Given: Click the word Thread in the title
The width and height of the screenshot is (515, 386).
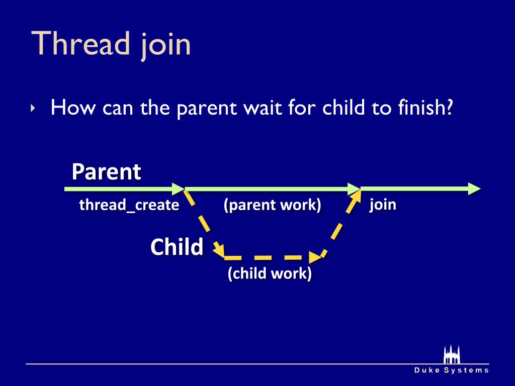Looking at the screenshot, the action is click(80, 43).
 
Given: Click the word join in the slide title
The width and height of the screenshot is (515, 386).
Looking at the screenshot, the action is click(165, 45).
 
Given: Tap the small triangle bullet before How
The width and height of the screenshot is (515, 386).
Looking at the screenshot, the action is click(33, 108).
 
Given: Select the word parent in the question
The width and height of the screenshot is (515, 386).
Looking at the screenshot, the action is click(207, 109).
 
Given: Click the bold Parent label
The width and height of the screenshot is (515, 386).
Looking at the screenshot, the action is click(107, 172).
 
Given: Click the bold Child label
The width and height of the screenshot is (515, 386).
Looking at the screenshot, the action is click(177, 247).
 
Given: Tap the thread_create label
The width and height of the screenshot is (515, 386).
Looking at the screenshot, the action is click(129, 205).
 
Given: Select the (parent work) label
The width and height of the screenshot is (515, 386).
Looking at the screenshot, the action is click(272, 205).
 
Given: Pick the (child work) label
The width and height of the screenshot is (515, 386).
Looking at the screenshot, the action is click(270, 273).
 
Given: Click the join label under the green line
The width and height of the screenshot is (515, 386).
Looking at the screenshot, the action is click(383, 205).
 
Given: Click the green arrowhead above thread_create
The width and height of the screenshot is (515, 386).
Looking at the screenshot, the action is click(178, 189).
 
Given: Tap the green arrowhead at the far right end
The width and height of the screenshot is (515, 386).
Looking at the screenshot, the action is click(474, 189).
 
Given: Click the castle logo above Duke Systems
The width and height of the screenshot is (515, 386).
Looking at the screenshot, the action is click(452, 354).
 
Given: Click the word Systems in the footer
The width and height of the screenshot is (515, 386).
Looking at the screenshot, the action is click(466, 370).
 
